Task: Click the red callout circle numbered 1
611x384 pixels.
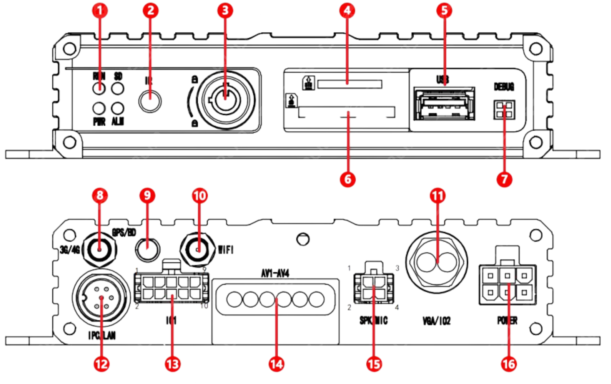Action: [100, 11]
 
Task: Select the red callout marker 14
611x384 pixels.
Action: [276, 364]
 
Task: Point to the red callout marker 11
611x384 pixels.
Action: [437, 196]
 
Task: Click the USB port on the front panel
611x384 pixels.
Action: [444, 104]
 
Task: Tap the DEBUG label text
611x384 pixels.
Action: [504, 87]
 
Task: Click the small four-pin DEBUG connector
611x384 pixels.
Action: [504, 110]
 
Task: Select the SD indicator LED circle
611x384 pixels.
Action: [118, 89]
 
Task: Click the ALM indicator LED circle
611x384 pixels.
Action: [118, 108]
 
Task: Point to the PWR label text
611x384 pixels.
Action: [99, 122]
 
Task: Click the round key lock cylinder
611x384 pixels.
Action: [226, 100]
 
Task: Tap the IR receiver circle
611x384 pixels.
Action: [150, 101]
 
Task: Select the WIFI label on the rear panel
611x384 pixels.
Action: [226, 250]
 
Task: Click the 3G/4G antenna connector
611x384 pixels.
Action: [100, 250]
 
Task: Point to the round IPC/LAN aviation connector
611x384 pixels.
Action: [101, 297]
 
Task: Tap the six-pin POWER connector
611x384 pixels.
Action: [508, 284]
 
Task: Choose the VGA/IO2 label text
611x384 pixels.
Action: [436, 321]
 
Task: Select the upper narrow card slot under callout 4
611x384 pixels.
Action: [350, 84]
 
